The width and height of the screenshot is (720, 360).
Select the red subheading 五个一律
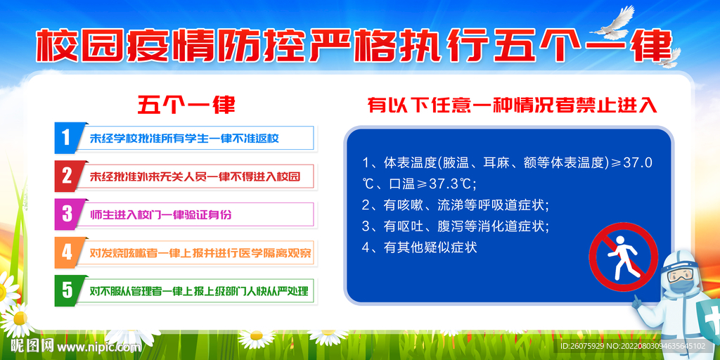pyautogui.click(x=186, y=105)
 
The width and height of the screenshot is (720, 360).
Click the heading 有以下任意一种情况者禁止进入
pyautogui.click(x=513, y=106)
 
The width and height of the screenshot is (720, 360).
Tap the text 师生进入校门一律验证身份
pyautogui.click(x=161, y=214)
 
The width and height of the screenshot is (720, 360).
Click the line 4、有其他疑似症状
pyautogui.click(x=420, y=247)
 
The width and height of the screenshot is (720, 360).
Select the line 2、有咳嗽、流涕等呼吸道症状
pyautogui.click(x=456, y=205)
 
